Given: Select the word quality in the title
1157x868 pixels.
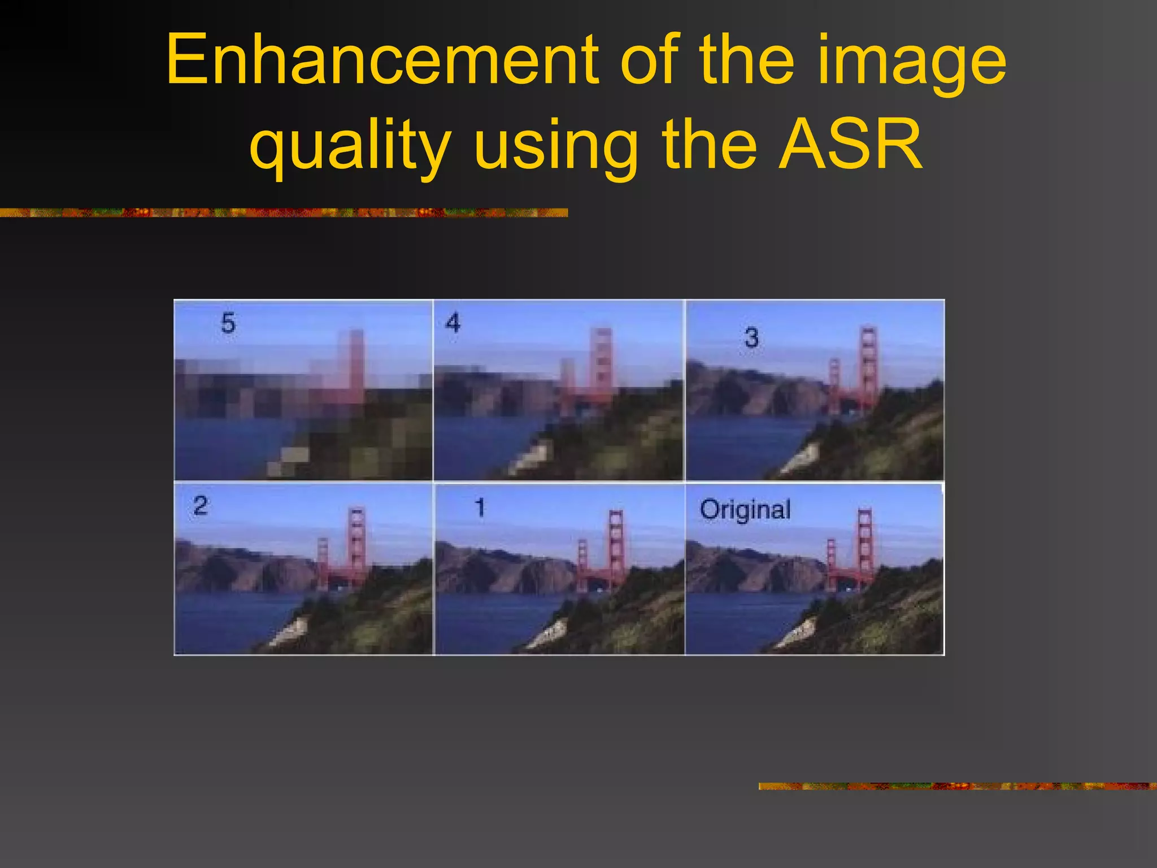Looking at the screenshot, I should click(350, 147).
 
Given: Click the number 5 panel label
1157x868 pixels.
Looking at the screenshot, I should click(228, 323).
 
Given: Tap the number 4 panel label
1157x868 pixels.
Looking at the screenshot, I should click(453, 323).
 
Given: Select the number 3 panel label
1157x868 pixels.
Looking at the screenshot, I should click(751, 338).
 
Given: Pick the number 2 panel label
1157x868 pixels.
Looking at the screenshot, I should click(200, 505).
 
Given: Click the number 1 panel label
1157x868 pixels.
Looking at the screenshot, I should click(480, 507).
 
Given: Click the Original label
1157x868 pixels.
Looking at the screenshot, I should click(745, 510).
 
